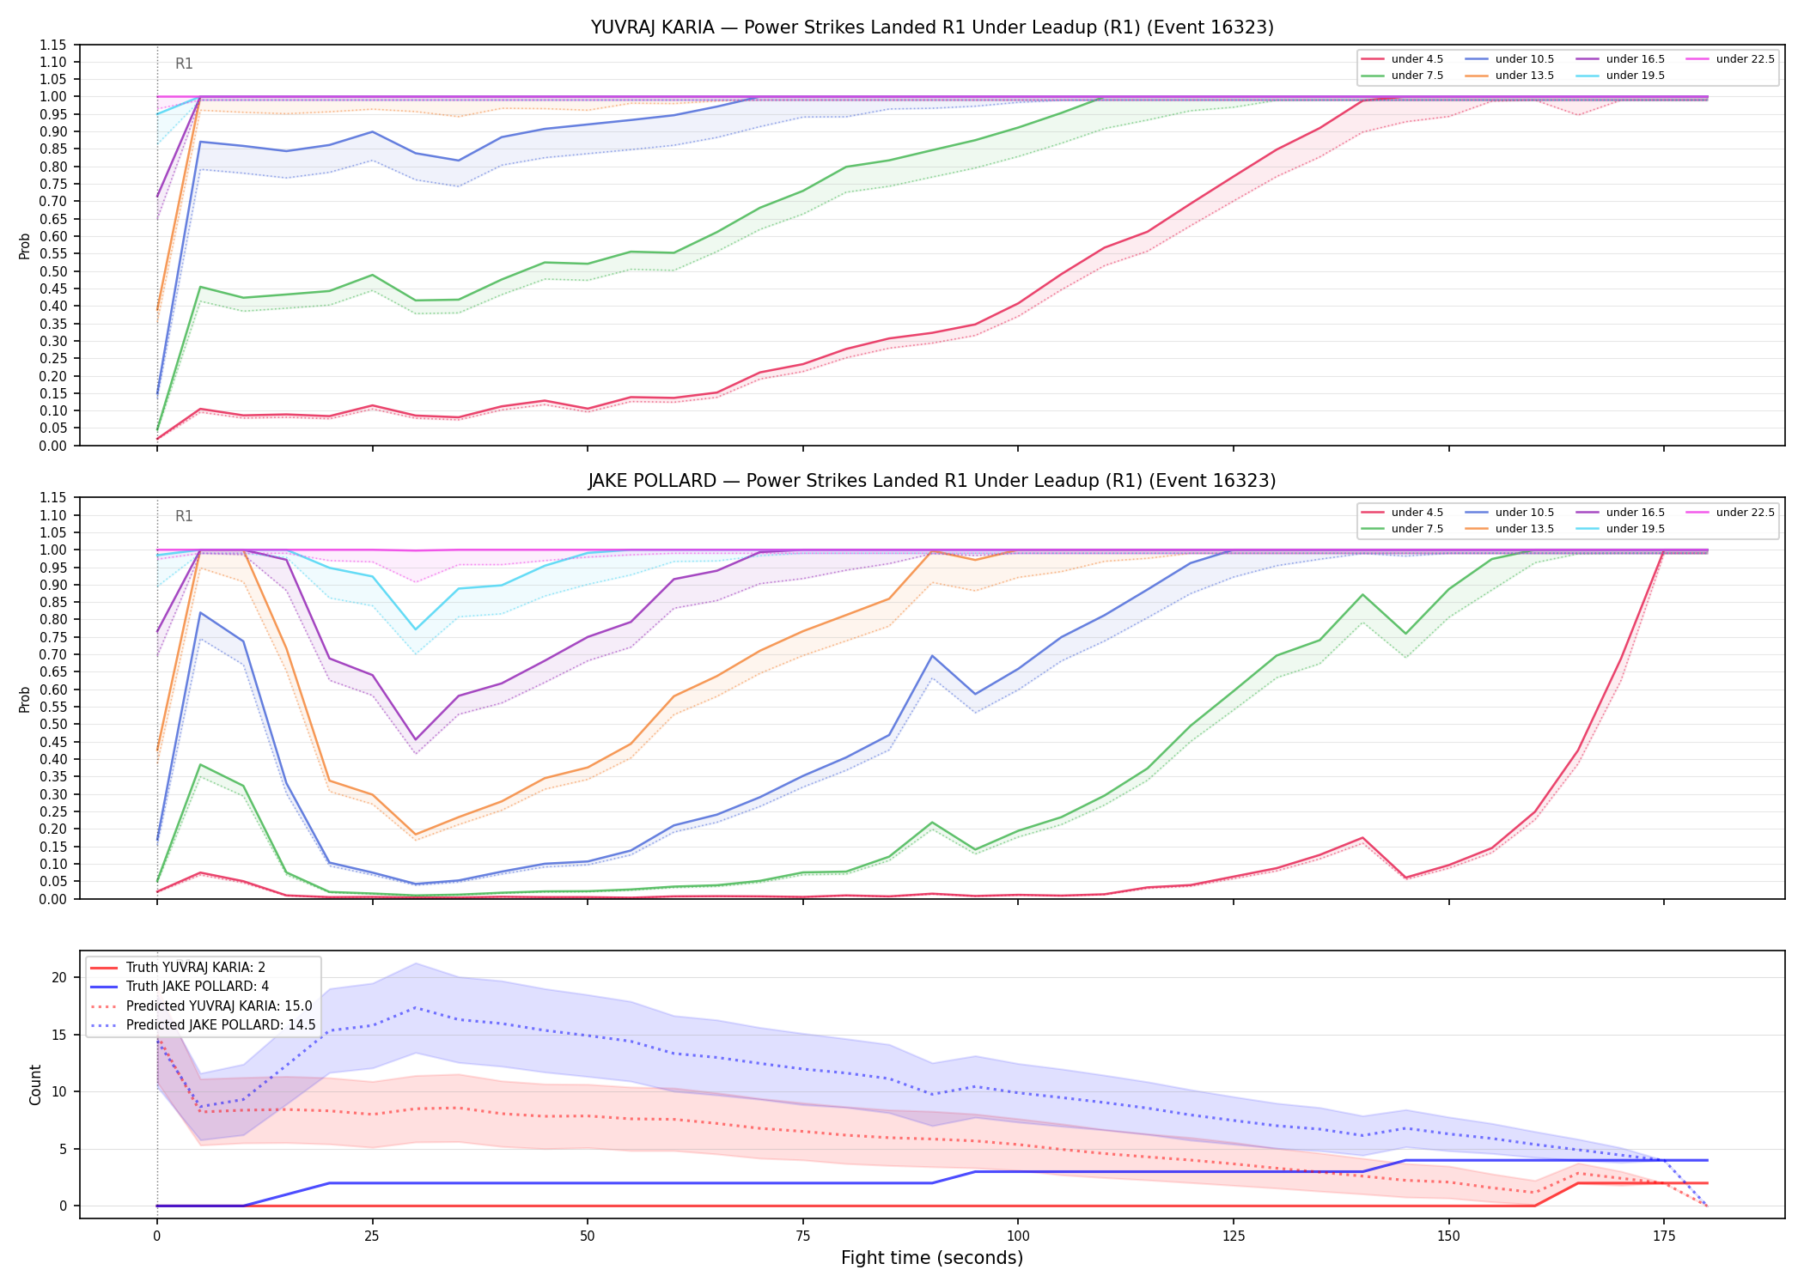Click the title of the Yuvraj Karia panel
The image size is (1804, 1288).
pyautogui.click(x=932, y=27)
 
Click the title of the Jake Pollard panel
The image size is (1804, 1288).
pyautogui.click(x=932, y=481)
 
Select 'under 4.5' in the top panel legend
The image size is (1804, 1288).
pyautogui.click(x=1417, y=59)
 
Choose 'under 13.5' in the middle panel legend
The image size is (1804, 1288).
pyautogui.click(x=1524, y=529)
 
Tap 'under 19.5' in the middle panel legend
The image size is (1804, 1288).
pyautogui.click(x=1635, y=529)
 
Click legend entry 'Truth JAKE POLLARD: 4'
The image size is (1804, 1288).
pyautogui.click(x=198, y=987)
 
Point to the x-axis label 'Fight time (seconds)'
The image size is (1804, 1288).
pyautogui.click(x=932, y=1258)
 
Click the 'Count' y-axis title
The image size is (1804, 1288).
pyautogui.click(x=35, y=1084)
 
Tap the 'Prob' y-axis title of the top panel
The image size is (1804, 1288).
pyautogui.click(x=25, y=246)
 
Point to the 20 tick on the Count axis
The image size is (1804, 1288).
pyautogui.click(x=59, y=977)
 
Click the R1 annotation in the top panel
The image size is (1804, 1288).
pyautogui.click(x=184, y=64)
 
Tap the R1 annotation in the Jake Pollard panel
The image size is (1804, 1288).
pyautogui.click(x=184, y=516)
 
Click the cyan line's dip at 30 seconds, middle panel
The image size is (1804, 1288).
pyautogui.click(x=416, y=629)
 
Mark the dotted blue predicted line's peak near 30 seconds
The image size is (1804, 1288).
pyautogui.click(x=416, y=1007)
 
